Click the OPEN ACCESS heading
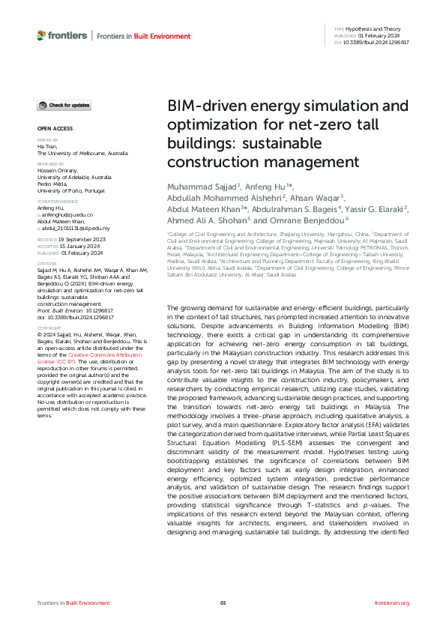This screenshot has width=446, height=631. pos(55,129)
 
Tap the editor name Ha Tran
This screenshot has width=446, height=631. pos(46,146)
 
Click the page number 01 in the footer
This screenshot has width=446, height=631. pos(223,603)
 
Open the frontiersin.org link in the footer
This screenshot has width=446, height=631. pos(391,603)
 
